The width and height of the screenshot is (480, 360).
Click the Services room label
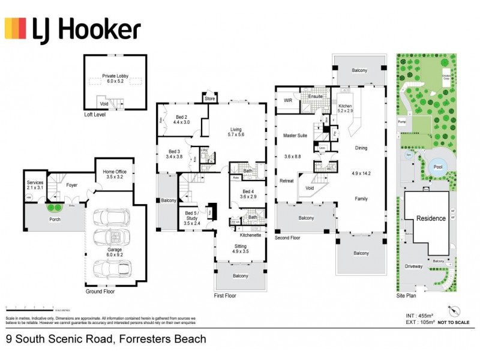[x=35, y=184]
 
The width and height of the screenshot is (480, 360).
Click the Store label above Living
[x=209, y=98]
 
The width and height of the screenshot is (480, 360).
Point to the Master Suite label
[x=295, y=136]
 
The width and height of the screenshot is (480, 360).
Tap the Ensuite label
[x=316, y=96]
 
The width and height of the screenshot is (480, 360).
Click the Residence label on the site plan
[x=431, y=218]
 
